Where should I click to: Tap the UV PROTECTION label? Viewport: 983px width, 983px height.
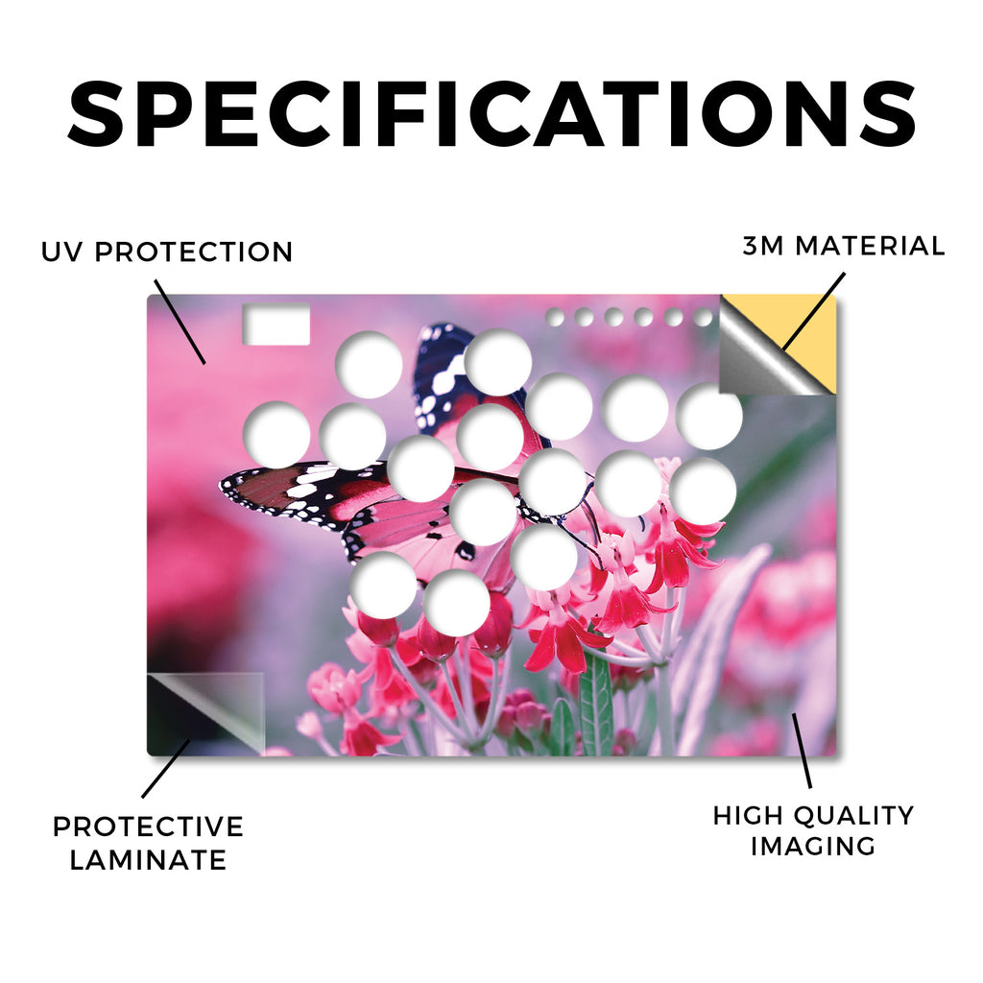167,252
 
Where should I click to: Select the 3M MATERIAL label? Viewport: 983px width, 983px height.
844,246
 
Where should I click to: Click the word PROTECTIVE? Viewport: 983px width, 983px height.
148,827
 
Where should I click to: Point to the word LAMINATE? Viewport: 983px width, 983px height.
148,860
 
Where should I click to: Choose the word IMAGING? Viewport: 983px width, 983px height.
813,847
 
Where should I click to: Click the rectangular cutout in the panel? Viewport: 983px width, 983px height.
276,324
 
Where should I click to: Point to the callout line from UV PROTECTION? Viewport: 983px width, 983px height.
180,323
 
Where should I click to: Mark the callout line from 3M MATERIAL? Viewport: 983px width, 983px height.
813,312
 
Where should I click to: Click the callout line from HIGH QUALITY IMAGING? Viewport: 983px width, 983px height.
802,751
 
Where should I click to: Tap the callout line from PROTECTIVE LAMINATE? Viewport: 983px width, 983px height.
165,769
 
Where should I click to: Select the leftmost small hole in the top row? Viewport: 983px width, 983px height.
555,317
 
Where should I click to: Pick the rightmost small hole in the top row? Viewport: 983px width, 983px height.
704,317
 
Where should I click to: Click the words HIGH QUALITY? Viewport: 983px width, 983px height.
813,816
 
